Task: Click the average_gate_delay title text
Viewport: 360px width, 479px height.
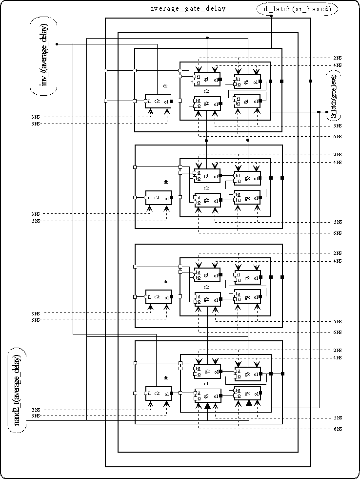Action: click(188, 9)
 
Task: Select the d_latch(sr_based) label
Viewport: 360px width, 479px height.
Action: click(297, 9)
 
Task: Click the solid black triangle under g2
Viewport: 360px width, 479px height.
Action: click(207, 406)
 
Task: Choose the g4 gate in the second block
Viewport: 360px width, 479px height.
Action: click(247, 198)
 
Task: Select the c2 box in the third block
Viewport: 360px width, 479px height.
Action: click(158, 297)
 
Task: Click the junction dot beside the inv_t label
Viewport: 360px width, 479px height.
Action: click(57, 44)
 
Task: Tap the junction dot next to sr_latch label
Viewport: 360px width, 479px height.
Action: click(326, 112)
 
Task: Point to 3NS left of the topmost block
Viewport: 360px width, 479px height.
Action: click(35, 117)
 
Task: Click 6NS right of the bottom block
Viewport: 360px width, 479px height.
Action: click(337, 429)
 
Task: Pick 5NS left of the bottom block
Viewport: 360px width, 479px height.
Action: click(35, 416)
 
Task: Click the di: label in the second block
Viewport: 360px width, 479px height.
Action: click(166, 182)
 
